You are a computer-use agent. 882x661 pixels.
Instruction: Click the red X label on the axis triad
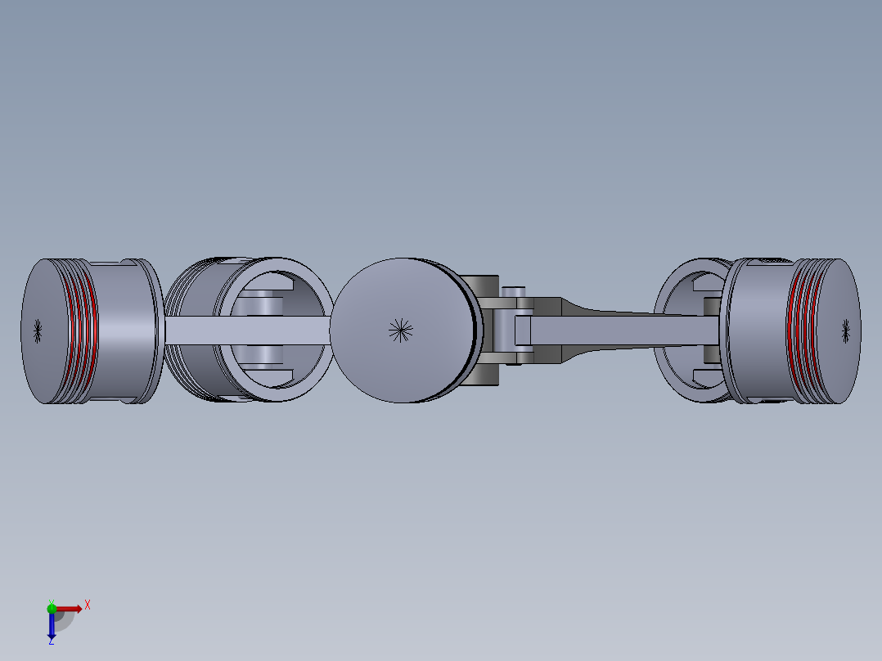click(87, 605)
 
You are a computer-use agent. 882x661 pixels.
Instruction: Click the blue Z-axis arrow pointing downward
click(52, 625)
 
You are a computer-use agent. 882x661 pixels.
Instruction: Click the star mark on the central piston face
click(400, 330)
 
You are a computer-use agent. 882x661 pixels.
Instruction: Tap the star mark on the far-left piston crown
click(38, 330)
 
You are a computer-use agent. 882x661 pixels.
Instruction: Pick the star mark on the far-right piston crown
click(845, 330)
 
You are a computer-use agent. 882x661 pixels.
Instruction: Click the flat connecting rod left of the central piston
click(245, 330)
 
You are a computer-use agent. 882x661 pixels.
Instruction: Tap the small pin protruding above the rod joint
click(513, 292)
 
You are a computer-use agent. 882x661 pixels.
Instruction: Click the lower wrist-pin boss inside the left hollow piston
click(260, 357)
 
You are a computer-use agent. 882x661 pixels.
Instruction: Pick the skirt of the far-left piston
click(123, 330)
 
